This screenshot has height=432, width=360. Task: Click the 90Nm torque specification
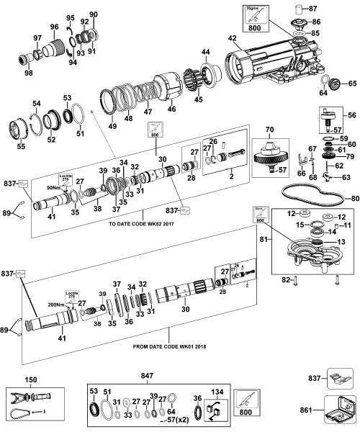[x=52, y=186]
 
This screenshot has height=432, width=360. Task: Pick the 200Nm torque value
[x=53, y=305]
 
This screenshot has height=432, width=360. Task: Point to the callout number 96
[x=53, y=27]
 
